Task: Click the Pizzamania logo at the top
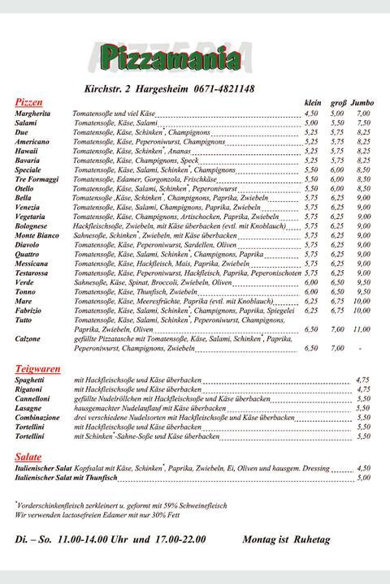tap(171, 59)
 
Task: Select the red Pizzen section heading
tap(28, 103)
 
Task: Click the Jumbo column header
tap(362, 104)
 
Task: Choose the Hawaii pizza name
tap(27, 151)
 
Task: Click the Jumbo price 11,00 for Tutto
tap(362, 329)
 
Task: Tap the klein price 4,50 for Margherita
tap(311, 114)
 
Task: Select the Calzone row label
tap(28, 339)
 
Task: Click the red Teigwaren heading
tap(37, 369)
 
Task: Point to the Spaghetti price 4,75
tap(363, 380)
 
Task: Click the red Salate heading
tap(28, 457)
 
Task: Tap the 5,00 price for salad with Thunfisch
tap(363, 478)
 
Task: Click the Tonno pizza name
tap(25, 291)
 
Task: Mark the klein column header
tap(313, 104)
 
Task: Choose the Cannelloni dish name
tap(32, 398)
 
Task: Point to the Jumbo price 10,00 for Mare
tap(362, 301)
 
